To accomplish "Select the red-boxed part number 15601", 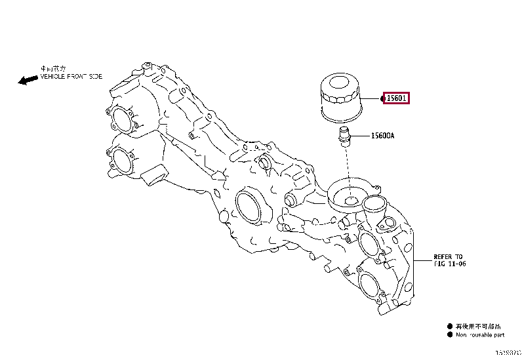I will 397,98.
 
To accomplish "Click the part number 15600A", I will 382,136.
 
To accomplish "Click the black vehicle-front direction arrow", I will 28,79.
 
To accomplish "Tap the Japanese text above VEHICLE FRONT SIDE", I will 53,68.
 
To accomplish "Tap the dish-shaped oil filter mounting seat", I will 348,195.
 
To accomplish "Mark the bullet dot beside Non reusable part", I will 450,334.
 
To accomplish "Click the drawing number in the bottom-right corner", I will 508,352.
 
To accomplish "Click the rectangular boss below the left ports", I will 155,176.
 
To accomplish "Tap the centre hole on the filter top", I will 340,84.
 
